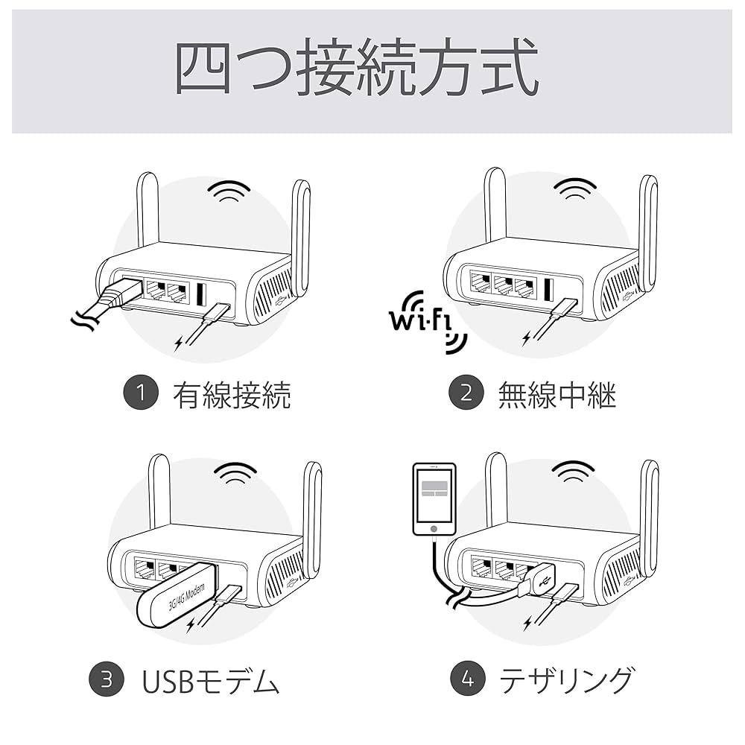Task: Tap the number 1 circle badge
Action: (141, 393)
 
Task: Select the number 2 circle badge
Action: (466, 393)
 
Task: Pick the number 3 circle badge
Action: (106, 679)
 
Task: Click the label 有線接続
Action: (231, 395)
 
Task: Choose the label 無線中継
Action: (557, 395)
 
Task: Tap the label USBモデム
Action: (210, 680)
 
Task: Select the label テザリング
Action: (566, 680)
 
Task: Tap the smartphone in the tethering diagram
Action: (434, 499)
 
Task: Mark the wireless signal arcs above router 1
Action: (229, 191)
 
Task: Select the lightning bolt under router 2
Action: (527, 338)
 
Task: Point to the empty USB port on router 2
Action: (549, 289)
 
